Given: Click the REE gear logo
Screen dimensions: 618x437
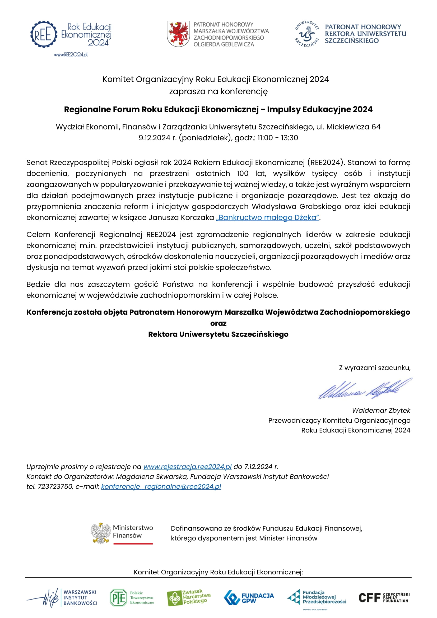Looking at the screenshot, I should [44, 34].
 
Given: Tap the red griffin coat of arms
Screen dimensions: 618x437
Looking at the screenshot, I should [178, 34].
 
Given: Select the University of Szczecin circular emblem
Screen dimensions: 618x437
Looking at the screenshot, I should [307, 34].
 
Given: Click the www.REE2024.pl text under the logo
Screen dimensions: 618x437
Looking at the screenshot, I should [71, 55].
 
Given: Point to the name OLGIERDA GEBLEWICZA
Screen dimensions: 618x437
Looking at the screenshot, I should [224, 44].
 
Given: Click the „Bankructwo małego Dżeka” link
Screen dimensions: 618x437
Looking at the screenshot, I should [267, 217].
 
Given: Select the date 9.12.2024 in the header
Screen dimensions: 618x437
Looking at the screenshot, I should [155, 138].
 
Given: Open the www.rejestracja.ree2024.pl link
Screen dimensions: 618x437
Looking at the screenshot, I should [187, 466].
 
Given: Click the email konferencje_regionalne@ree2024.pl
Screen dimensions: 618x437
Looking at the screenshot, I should [161, 486].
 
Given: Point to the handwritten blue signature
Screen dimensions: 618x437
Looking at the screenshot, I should [365, 389].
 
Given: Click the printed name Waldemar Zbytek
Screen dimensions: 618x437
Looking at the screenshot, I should [381, 411].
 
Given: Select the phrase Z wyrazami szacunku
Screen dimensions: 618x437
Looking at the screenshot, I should [374, 368].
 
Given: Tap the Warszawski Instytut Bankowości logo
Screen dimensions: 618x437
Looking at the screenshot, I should [62, 598].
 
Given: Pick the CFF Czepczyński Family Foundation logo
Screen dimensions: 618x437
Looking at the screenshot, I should [384, 598].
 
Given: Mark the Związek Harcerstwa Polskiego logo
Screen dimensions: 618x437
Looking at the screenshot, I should [189, 598].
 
